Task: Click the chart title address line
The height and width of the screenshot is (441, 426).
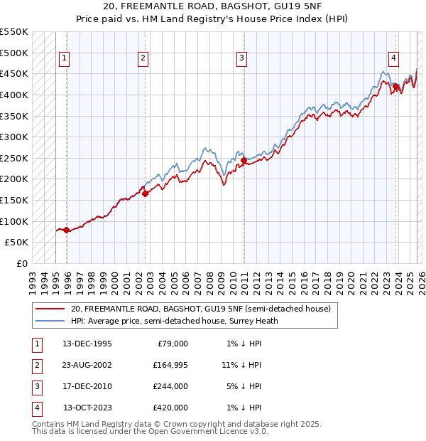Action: [213, 6]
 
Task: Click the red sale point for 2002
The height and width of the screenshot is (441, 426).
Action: [145, 193]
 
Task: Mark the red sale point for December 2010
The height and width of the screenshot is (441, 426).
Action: [244, 160]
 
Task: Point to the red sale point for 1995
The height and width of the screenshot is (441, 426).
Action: [66, 230]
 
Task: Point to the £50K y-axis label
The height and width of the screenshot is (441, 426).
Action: [17, 242]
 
